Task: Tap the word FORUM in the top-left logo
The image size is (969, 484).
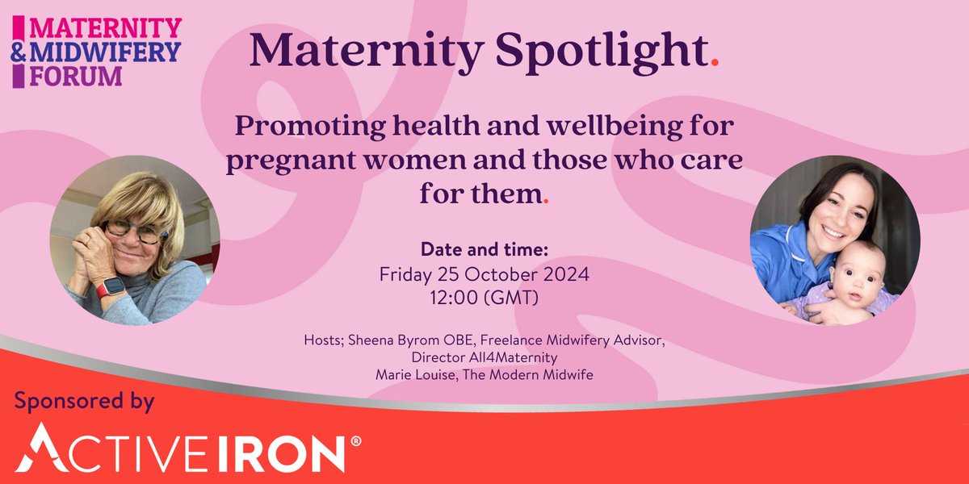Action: pos(77,76)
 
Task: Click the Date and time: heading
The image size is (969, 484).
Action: pos(484,249)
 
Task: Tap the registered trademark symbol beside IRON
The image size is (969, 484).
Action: pos(356,442)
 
